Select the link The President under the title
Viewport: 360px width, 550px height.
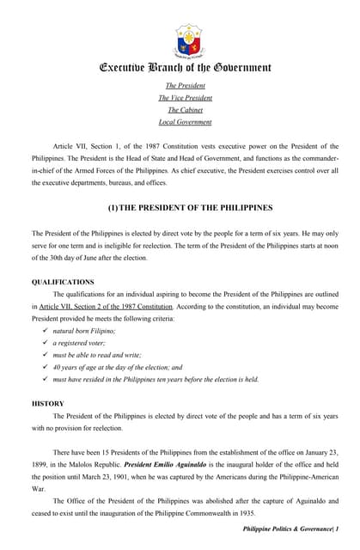[x=185, y=85]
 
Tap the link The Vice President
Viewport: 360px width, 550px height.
[x=185, y=97]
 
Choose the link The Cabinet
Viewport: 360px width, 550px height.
[x=185, y=109]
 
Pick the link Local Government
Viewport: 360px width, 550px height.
[x=185, y=122]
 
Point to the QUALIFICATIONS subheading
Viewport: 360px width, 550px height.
[x=63, y=282]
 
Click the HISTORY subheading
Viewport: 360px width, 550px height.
[x=47, y=403]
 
